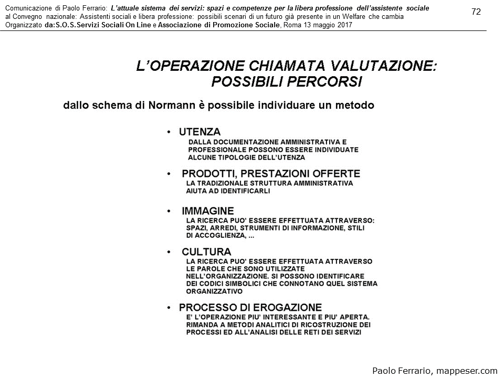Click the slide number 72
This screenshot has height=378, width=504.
[x=476, y=12]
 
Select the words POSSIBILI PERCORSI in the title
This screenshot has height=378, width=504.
[x=286, y=82]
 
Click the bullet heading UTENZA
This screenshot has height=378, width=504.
[x=199, y=132]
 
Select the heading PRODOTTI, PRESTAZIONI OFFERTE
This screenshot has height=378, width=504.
[x=271, y=173]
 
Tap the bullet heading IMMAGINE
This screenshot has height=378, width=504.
[x=208, y=211]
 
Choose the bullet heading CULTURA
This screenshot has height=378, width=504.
[x=206, y=251]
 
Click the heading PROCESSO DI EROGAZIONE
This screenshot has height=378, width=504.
[x=250, y=307]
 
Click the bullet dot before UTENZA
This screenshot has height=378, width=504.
[x=169, y=132]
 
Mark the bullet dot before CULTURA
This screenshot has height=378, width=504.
[x=169, y=252]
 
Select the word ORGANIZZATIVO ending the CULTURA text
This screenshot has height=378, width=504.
[x=214, y=291]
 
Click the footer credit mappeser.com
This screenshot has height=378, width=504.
[x=469, y=371]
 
